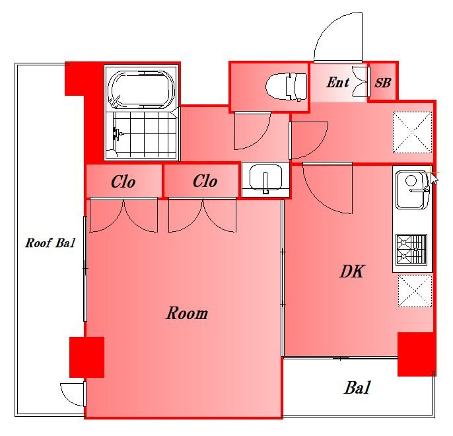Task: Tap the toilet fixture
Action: pyautogui.click(x=287, y=87)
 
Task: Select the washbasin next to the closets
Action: pyautogui.click(x=265, y=179)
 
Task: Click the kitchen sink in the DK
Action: pyautogui.click(x=412, y=190)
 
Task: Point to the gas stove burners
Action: pyautogui.click(x=411, y=249)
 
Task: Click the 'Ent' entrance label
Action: pyautogui.click(x=337, y=83)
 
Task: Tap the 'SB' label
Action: pyautogui.click(x=383, y=83)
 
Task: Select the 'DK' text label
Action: pyautogui.click(x=351, y=272)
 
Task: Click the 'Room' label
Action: pyautogui.click(x=187, y=313)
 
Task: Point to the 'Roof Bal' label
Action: pyautogui.click(x=50, y=242)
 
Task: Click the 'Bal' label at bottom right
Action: pyautogui.click(x=357, y=388)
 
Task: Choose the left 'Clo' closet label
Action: pyautogui.click(x=123, y=182)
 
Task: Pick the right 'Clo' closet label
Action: pyautogui.click(x=205, y=182)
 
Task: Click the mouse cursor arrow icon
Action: pyautogui.click(x=434, y=178)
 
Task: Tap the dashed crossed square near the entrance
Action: pyautogui.click(x=412, y=132)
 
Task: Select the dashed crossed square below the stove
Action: pyautogui.click(x=415, y=291)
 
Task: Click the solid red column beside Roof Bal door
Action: pyautogui.click(x=87, y=357)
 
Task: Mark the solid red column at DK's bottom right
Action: pyautogui.click(x=416, y=354)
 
